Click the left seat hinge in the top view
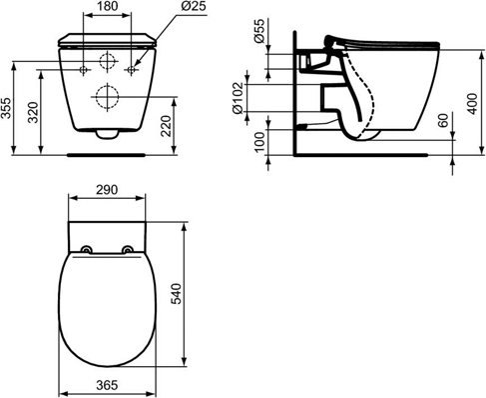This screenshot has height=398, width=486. (x=87, y=250)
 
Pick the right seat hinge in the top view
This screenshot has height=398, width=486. (x=128, y=250)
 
